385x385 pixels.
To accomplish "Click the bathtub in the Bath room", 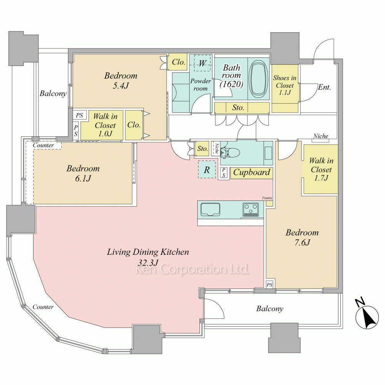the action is pyautogui.click(x=258, y=78).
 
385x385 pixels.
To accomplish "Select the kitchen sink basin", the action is pyautogui.click(x=210, y=210).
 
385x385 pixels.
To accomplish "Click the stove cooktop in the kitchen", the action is pyautogui.click(x=251, y=209).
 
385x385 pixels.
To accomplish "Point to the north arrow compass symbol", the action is pyautogui.click(x=367, y=313).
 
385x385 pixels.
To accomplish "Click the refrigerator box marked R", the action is pyautogui.click(x=207, y=169).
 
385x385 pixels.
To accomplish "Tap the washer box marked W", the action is pyautogui.click(x=203, y=63).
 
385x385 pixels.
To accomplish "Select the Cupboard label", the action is pyautogui.click(x=251, y=172).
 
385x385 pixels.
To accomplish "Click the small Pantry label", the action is pyautogui.click(x=267, y=198).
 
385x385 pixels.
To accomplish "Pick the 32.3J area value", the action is pyautogui.click(x=148, y=263).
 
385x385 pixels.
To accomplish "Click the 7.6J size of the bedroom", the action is pyautogui.click(x=302, y=243).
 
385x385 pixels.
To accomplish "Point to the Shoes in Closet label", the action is pyautogui.click(x=285, y=85).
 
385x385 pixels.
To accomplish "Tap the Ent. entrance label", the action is pyautogui.click(x=324, y=87).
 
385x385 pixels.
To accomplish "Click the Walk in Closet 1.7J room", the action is pyautogui.click(x=321, y=169).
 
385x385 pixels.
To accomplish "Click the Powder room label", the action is pyautogui.click(x=201, y=85).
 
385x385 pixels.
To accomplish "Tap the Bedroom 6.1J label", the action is pyautogui.click(x=83, y=173).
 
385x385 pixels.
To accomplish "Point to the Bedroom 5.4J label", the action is pyautogui.click(x=121, y=80).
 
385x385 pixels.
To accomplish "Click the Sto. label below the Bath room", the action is pyautogui.click(x=238, y=107).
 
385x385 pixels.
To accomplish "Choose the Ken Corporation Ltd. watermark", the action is pyautogui.click(x=192, y=269).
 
